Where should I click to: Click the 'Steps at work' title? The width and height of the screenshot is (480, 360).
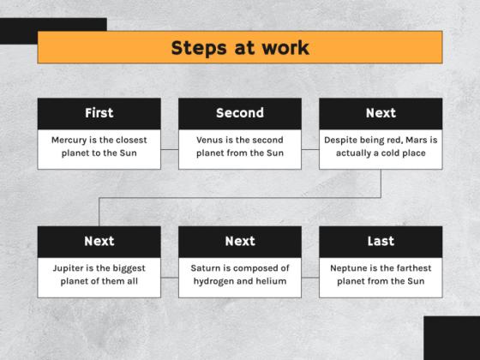[239, 47]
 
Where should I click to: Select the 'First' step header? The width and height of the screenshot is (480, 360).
[99, 113]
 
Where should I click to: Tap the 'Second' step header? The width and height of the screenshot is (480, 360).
[240, 113]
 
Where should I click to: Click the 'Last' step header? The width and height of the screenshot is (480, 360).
[381, 241]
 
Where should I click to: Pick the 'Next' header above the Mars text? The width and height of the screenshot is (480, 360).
[381, 113]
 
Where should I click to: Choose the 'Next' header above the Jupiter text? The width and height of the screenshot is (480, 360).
[99, 241]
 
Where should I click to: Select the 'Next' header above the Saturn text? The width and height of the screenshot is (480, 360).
[240, 241]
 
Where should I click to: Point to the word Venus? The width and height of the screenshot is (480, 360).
[210, 140]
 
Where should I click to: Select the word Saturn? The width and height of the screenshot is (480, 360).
[207, 267]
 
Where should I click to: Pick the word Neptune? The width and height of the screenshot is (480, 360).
[350, 267]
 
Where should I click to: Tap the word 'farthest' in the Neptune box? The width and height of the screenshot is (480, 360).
[411, 267]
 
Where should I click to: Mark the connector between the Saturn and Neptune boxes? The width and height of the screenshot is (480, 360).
[310, 275]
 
